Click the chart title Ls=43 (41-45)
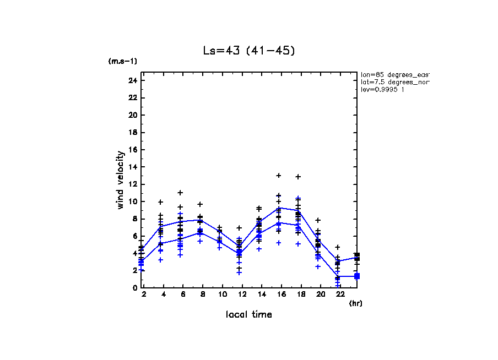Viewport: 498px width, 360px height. (249, 51)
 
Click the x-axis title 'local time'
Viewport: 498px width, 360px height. (248, 314)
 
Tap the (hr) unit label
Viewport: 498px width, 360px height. (355, 303)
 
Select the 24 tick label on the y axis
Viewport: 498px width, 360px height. (132, 80)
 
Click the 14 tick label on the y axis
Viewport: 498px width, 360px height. (132, 167)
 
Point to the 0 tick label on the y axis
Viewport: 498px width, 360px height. (134, 287)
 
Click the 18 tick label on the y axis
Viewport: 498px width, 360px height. (132, 132)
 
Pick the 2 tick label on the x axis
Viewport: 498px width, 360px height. (144, 295)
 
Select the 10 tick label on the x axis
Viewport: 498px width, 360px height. (223, 295)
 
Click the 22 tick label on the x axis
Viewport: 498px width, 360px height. (338, 295)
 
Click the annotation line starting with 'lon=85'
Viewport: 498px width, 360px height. (394, 74)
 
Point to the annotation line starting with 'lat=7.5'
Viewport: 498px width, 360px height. (394, 81)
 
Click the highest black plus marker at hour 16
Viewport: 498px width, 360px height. (279, 176)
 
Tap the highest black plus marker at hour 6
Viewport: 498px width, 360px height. (180, 193)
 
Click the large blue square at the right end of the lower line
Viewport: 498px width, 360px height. (357, 276)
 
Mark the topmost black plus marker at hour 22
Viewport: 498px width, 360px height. (338, 247)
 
